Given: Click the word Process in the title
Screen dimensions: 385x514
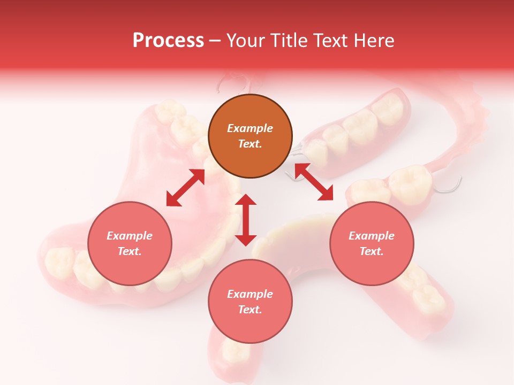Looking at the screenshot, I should tap(168, 41).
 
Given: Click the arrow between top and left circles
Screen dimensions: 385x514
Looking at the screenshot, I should tap(185, 188).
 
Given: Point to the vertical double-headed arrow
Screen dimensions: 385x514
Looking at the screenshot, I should tap(246, 220).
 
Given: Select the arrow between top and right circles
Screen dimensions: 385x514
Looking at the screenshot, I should tap(314, 182).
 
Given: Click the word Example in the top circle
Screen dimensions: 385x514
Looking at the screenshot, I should tap(250, 128).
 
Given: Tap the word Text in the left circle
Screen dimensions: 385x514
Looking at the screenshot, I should tap(130, 251).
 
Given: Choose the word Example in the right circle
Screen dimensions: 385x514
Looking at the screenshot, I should tap(372, 236).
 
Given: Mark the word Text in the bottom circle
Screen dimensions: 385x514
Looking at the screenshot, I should tap(250, 310).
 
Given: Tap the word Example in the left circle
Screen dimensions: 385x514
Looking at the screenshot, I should tap(130, 236).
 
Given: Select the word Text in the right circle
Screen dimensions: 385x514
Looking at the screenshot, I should tap(371, 251).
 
